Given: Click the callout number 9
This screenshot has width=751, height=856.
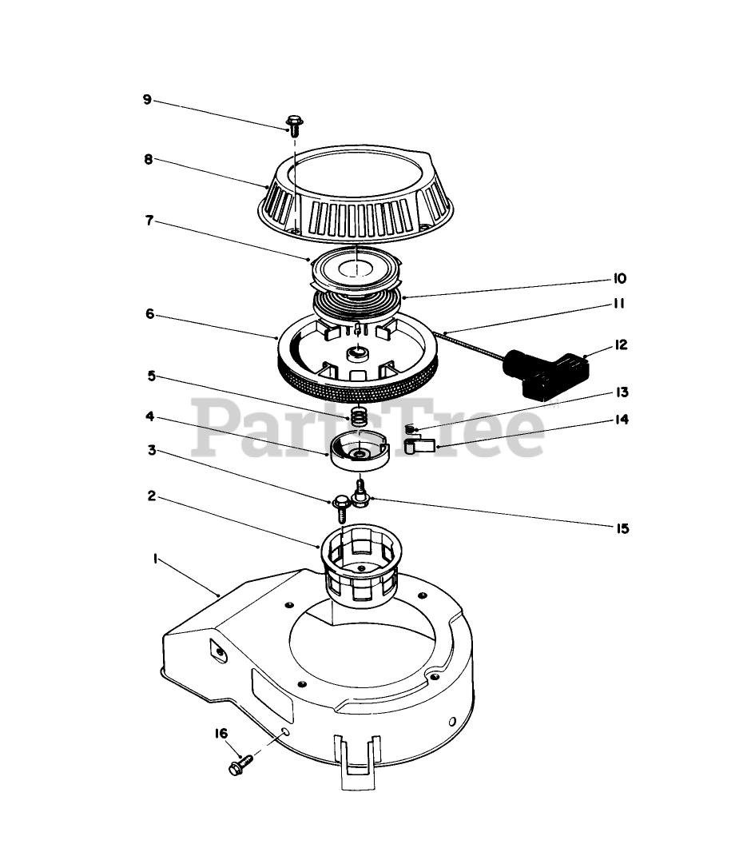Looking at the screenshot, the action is coord(147,99).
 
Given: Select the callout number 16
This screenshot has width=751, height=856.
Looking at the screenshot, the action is coord(221,733).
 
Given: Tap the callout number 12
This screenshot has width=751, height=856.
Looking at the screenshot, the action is coord(621,344).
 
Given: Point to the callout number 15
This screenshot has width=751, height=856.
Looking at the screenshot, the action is coord(622,528).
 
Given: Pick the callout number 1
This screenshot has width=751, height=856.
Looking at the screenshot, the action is coord(155,559).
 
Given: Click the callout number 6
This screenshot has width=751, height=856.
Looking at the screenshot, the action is coord(149,314).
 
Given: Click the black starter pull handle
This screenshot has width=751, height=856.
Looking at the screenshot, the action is coord(546,373).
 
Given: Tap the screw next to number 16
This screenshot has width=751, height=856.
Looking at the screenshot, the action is coord(240,764).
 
